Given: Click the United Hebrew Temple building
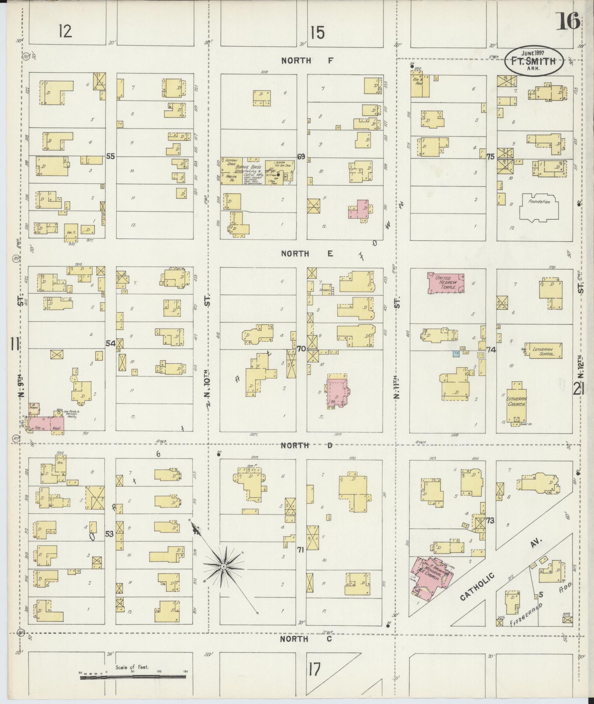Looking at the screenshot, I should pos(445,283).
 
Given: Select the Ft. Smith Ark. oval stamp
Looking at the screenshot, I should pos(533,61).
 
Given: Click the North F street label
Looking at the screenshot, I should pos(307,61).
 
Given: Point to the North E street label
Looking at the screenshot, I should pos(307,254).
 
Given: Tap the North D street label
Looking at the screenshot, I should pos(306,446).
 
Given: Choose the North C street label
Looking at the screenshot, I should pos(306,639).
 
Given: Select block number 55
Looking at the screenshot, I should pos(110,156).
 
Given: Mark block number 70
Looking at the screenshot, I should pos(301,348).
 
